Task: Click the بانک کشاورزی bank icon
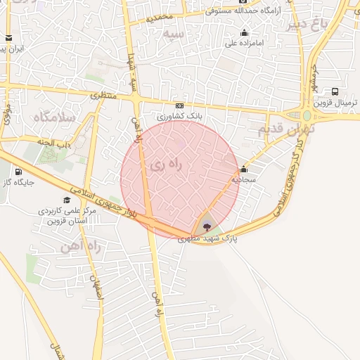pos(179,105)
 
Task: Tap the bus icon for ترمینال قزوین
pos(335,91)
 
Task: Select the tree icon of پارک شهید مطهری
pos(205,226)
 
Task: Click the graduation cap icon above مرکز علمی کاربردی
pos(67,200)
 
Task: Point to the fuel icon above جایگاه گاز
pos(17,171)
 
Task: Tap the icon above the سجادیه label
pos(243,169)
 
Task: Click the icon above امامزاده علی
pos(244,32)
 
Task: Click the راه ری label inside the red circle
pos(165,165)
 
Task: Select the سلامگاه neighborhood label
pos(53,117)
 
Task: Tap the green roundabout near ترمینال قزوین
pos(307,116)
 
